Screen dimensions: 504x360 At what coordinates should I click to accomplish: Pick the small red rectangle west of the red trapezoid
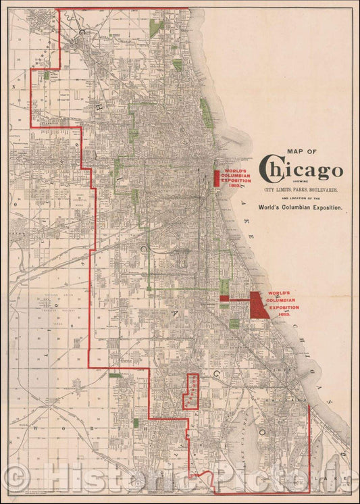click(x=224, y=298)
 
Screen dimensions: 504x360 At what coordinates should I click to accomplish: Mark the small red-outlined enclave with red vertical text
click(x=192, y=391)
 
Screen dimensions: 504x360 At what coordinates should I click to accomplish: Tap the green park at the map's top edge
click(x=157, y=28)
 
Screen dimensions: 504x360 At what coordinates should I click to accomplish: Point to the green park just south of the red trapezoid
click(x=234, y=323)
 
